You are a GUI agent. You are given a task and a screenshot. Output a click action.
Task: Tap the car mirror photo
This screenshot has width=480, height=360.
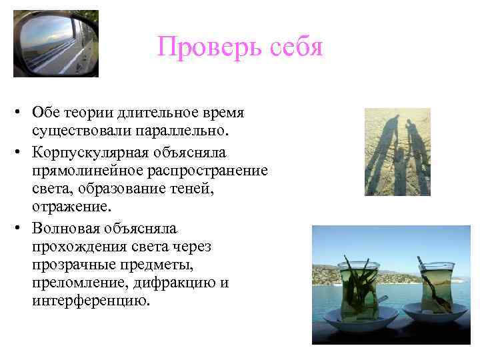[x=55, y=43]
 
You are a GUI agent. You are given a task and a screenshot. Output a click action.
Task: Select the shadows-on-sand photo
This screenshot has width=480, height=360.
[x=397, y=152]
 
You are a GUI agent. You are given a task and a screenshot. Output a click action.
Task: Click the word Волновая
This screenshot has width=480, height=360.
[x=65, y=229]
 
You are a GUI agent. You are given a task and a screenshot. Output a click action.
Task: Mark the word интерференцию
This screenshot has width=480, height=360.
[x=87, y=301]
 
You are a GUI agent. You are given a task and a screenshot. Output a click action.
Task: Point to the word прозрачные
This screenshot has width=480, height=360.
[x=69, y=265]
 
